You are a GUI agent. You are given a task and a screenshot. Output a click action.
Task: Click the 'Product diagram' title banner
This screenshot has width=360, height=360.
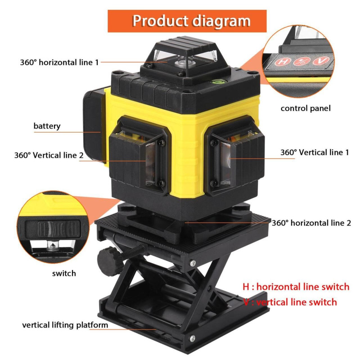187,21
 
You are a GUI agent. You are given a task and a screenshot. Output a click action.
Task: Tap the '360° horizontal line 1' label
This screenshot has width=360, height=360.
59,62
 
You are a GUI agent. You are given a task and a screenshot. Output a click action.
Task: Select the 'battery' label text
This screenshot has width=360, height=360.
47,126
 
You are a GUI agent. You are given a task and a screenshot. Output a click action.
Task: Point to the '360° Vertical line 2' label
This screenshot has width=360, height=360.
49,155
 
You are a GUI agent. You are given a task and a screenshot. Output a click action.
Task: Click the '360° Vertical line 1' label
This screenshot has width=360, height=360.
315,153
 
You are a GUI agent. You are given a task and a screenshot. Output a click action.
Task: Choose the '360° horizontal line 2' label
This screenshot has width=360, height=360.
311,223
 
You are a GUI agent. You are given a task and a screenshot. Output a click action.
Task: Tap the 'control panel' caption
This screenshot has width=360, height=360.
306,108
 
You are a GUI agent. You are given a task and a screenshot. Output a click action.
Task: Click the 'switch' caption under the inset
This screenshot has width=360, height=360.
64,273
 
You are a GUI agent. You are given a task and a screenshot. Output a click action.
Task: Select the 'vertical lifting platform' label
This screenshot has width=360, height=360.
65,325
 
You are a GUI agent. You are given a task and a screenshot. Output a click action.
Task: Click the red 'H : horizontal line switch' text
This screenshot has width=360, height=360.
296,287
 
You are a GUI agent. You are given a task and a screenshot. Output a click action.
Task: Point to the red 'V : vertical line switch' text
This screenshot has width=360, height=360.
290,302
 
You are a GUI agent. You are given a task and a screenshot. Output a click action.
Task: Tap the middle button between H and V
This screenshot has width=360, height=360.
300,61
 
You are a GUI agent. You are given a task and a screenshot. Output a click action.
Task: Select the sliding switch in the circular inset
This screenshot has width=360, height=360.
53,229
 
